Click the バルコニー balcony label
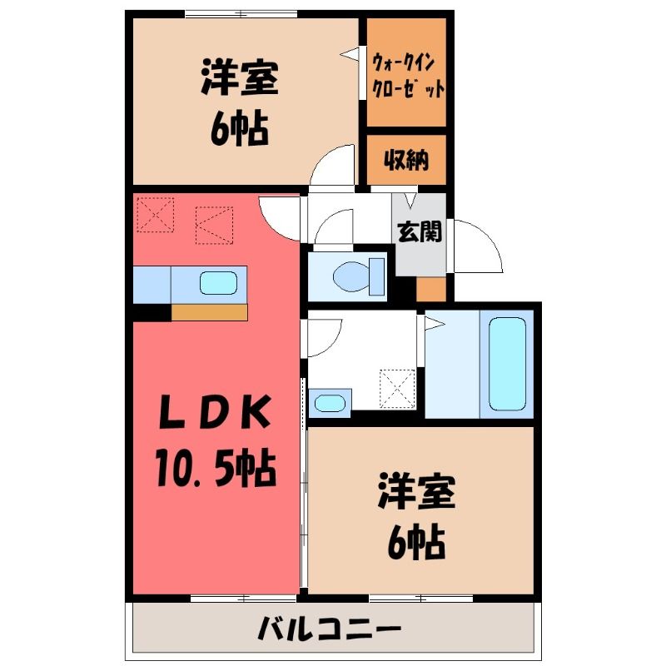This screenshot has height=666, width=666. (329, 626)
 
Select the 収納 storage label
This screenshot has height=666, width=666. (406, 160)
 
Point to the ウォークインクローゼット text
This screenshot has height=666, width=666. (407, 75)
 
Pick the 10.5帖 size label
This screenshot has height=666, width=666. (214, 470)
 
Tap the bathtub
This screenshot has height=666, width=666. (507, 364)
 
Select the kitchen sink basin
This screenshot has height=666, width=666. (218, 283)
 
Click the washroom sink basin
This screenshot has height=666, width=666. (330, 404)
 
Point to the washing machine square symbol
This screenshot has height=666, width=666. (396, 386)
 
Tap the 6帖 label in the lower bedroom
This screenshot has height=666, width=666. (415, 544)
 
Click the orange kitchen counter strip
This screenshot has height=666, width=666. (209, 313)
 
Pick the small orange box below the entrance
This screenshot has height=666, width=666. (431, 289)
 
